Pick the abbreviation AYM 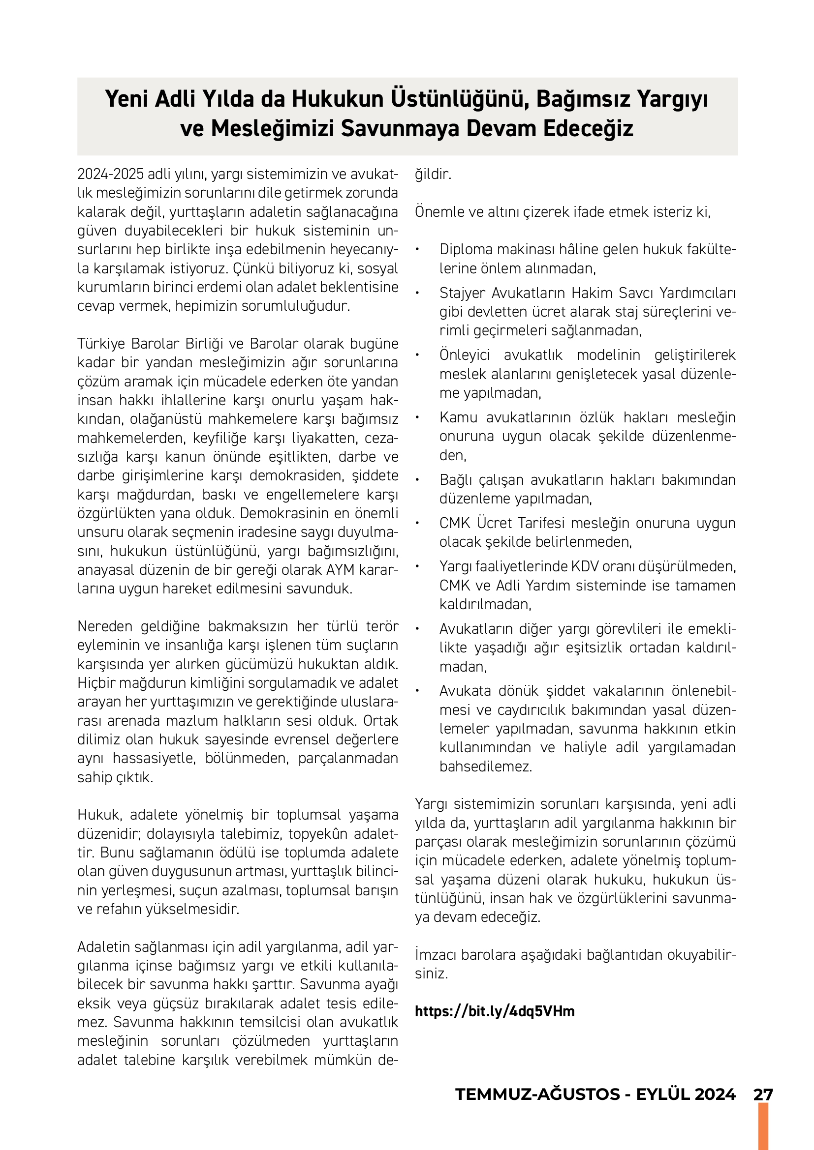[x=341, y=570]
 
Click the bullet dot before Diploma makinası [x=417, y=249]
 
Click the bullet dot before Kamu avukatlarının [x=417, y=418]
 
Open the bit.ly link [x=495, y=1011]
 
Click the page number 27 [x=763, y=1095]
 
